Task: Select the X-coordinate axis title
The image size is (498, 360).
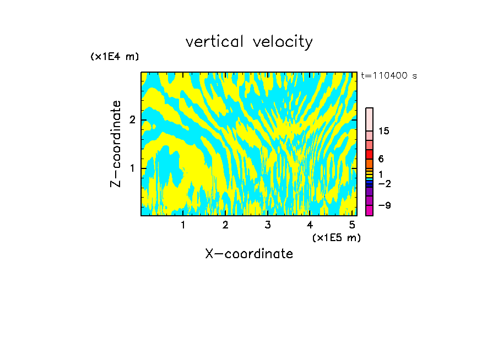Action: [x=249, y=254]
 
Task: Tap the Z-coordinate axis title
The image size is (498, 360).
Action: [x=116, y=144]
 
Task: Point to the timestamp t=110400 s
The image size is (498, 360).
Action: [x=388, y=76]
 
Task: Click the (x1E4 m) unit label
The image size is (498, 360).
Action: [x=115, y=57]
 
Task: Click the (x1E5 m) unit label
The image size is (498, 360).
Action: [x=336, y=237]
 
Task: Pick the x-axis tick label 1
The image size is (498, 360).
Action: [x=183, y=225]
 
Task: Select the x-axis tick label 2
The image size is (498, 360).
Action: [x=225, y=225]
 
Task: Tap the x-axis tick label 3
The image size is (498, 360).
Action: [x=268, y=225]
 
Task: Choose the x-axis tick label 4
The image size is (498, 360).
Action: [x=310, y=225]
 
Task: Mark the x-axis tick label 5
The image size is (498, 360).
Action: [x=352, y=225]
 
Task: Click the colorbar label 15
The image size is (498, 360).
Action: [x=384, y=131]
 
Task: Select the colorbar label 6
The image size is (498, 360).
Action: [x=381, y=159]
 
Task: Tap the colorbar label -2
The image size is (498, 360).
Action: [x=384, y=183]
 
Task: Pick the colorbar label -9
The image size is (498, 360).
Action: [x=384, y=205]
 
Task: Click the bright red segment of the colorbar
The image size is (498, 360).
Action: [x=370, y=154]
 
